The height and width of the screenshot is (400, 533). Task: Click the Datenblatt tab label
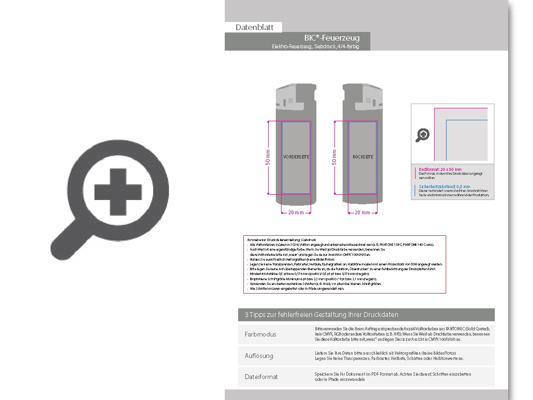[x=254, y=27]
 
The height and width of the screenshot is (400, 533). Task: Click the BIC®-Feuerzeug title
[x=332, y=38]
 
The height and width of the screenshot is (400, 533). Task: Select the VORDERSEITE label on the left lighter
[x=296, y=157]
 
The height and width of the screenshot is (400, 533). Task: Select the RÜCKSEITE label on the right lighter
[x=363, y=157]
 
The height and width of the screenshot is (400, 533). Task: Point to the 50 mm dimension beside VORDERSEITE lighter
[x=268, y=158]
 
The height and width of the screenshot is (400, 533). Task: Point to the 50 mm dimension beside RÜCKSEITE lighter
[x=334, y=158]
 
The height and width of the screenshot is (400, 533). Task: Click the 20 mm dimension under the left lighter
[x=296, y=213]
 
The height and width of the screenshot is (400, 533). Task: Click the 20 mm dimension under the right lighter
[x=363, y=213]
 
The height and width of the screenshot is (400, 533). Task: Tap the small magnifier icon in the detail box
[x=423, y=135]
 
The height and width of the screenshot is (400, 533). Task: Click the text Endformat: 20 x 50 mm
[x=440, y=169]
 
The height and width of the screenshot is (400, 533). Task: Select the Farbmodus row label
[x=260, y=334]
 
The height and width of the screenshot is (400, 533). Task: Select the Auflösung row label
[x=259, y=356]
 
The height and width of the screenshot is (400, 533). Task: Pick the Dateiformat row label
[x=261, y=377]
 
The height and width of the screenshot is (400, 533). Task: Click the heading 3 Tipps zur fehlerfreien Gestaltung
[x=321, y=315]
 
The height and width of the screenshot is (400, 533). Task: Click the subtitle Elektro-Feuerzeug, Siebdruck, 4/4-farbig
[x=315, y=46]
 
